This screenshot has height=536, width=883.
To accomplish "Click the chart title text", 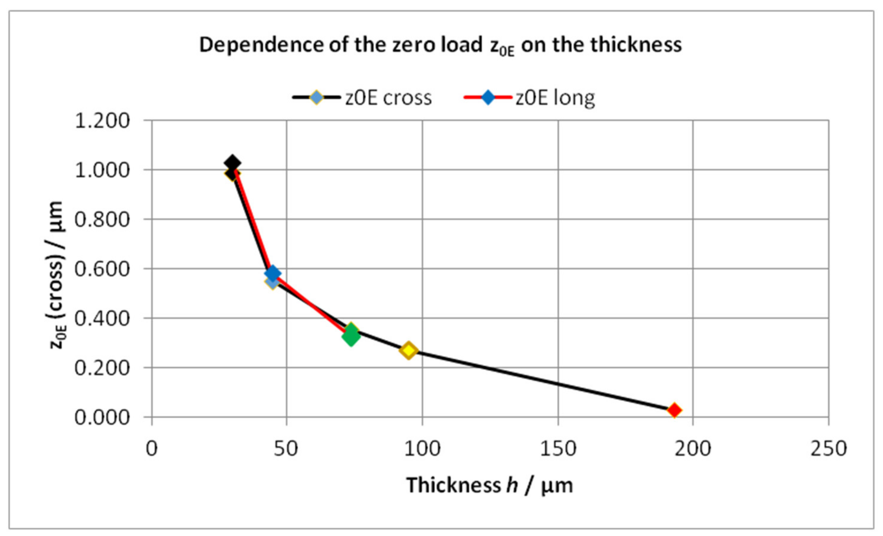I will point(440,46).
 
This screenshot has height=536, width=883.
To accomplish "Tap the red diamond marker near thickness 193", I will point(674,410).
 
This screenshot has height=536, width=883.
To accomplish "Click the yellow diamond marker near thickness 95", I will point(408,350).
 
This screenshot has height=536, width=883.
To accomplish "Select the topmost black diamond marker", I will point(232,163).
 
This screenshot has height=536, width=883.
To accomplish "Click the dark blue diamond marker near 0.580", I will point(272,274).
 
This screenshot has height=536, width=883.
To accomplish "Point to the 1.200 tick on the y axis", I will point(102,121).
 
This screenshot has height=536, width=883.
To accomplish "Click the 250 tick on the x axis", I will point(828,448).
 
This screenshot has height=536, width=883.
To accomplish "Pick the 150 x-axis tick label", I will point(558,448).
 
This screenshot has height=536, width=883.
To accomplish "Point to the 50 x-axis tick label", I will point(286,448).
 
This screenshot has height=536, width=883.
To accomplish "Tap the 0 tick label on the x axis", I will point(152,448).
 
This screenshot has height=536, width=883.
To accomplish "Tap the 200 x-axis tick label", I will point(692,448).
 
